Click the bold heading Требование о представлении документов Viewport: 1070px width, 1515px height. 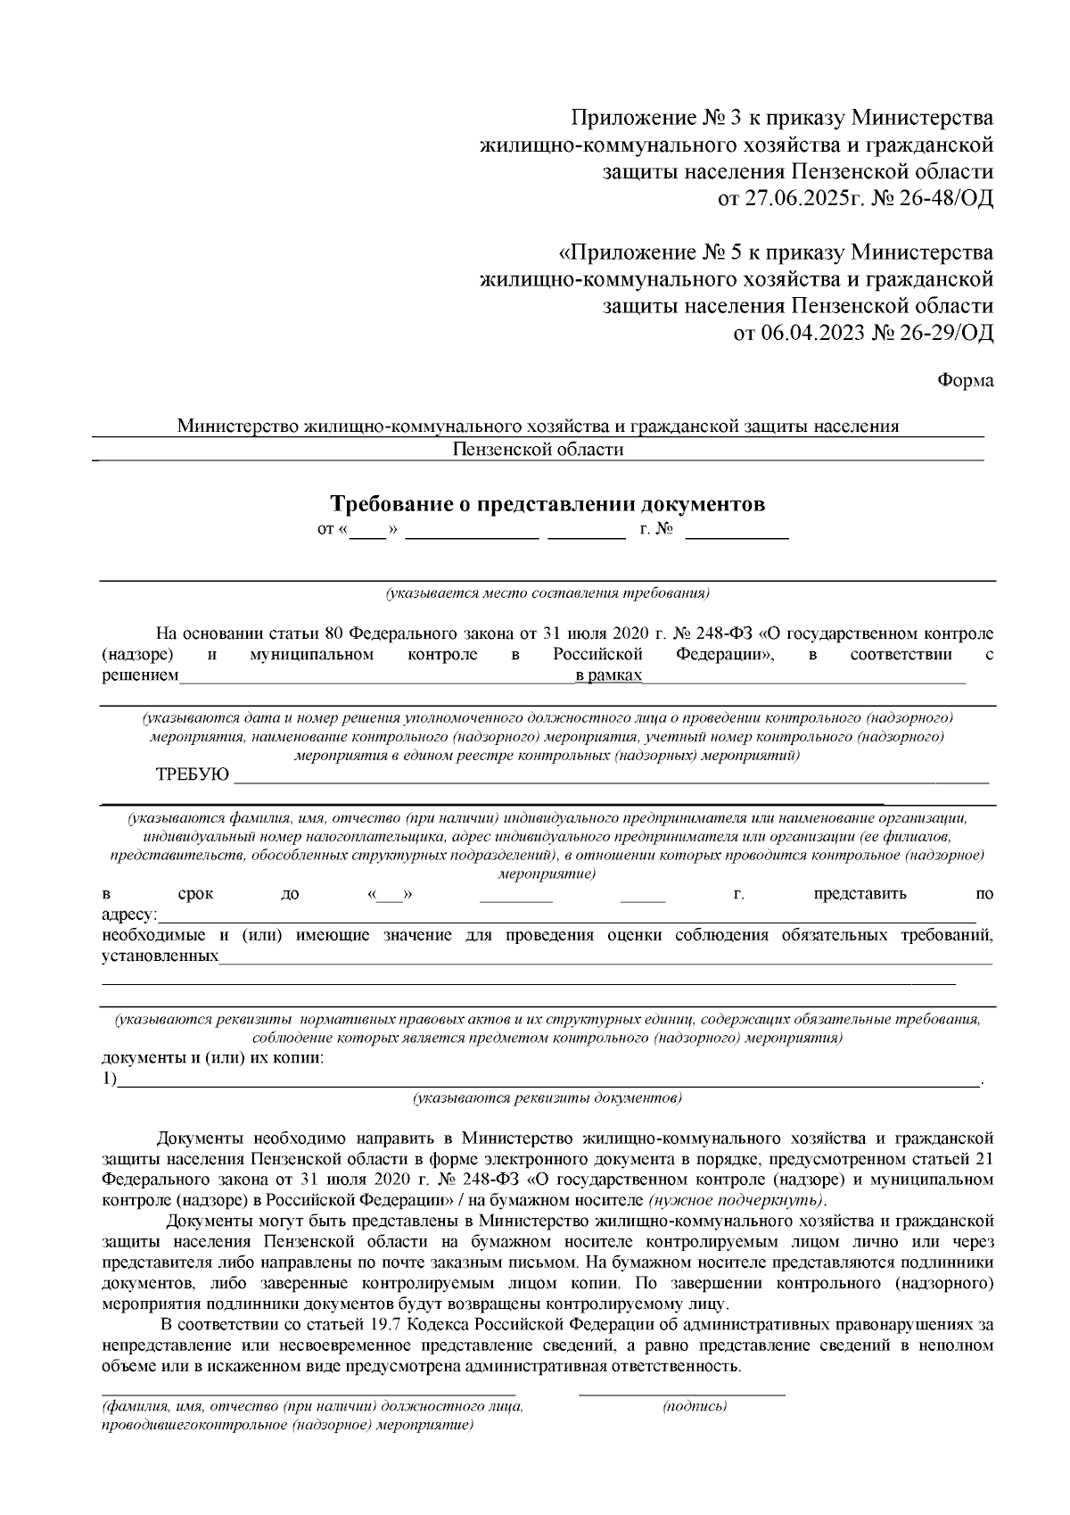(547, 505)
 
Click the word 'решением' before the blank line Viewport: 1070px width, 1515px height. (140, 676)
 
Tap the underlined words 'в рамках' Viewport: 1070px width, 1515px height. (609, 676)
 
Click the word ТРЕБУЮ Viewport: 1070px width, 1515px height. (193, 774)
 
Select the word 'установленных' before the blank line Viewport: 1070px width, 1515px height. (160, 956)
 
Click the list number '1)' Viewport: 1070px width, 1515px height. (109, 1080)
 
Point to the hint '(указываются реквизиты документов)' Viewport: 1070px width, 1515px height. (547, 1097)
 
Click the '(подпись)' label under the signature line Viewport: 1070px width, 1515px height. (695, 1406)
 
